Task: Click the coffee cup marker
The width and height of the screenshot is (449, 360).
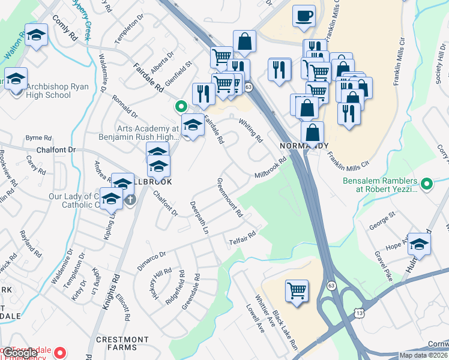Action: (304, 16)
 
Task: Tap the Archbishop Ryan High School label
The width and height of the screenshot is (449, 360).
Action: (49, 91)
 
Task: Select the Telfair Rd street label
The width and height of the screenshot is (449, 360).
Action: (242, 242)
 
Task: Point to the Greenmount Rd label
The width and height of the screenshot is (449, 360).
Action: (229, 197)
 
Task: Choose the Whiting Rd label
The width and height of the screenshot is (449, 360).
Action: (251, 130)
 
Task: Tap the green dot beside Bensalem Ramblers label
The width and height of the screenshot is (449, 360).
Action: (427, 184)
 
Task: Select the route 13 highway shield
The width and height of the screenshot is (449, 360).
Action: (359, 313)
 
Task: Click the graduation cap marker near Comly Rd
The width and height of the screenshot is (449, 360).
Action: (37, 36)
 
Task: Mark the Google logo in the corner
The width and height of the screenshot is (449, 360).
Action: (20, 353)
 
